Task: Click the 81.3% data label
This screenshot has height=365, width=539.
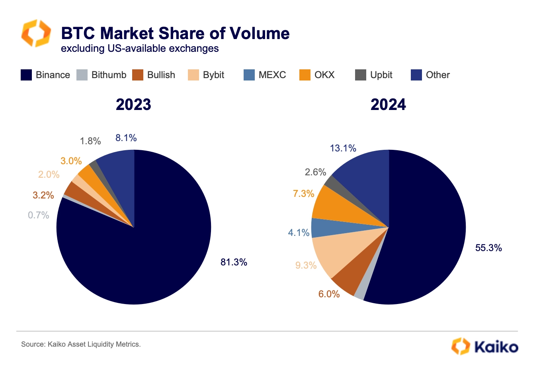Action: coord(234,262)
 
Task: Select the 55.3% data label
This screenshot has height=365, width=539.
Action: coord(488,248)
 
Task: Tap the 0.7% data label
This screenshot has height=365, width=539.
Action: coord(39,215)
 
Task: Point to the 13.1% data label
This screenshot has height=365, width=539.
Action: coord(343,148)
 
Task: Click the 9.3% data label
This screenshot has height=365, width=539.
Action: coord(306,265)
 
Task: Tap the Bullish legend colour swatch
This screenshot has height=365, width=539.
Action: coord(138,75)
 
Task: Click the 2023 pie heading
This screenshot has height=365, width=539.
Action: coord(133,105)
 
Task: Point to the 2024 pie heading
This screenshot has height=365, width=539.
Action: coord(388,105)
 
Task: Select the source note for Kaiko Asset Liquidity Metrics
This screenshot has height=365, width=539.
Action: coord(81,344)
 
